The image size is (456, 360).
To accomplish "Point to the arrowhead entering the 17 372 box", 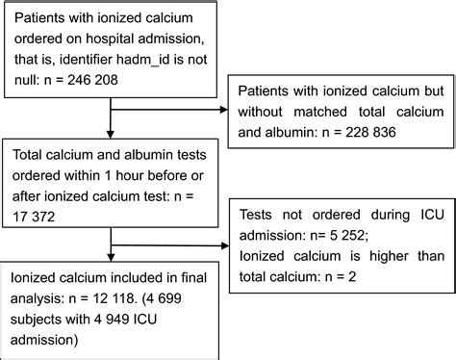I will click(x=114, y=136).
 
